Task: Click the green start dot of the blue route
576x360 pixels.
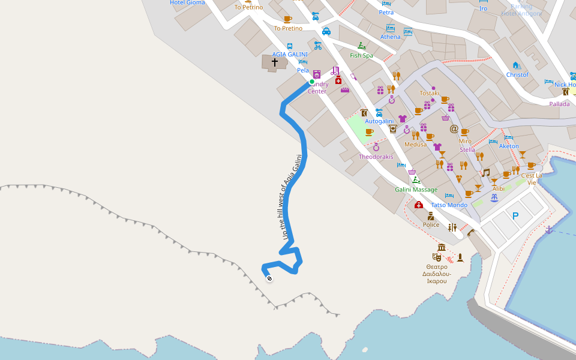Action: coord(312,82)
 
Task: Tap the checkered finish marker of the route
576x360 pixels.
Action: coord(269,277)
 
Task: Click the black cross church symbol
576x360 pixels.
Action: coord(275,62)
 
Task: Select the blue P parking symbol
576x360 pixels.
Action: coord(515,216)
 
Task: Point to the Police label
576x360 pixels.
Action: coord(431,225)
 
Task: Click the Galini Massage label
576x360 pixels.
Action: coord(416,190)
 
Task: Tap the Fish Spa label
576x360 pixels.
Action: coord(361,56)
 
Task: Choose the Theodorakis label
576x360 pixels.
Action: coord(376,157)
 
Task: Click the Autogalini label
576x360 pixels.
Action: coord(379,121)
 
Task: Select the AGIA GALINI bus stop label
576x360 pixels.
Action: coord(290,54)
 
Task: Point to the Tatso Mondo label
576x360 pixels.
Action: coord(449,205)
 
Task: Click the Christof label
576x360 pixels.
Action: coord(517,75)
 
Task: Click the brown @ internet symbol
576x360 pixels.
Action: coord(454,128)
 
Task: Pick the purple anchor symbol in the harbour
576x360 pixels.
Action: coord(548,229)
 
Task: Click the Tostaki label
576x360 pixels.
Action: coord(430,93)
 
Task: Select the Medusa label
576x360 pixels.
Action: coord(415,145)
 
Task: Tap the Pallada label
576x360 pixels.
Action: coord(559,104)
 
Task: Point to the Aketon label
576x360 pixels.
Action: coord(509,146)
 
